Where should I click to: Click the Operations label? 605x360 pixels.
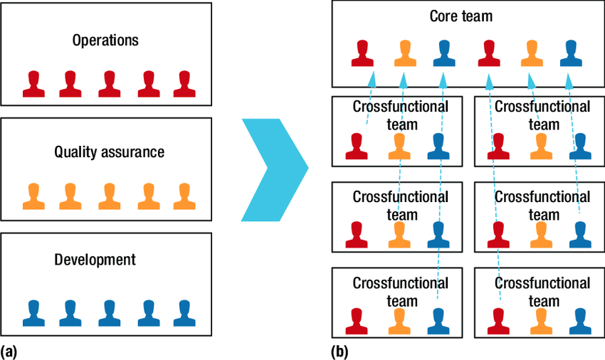tap(105, 40)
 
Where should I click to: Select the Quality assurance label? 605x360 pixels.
tap(109, 152)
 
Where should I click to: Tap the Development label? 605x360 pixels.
tap(95, 260)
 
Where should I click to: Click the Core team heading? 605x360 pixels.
tap(461, 16)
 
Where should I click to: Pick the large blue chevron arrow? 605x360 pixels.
tap(275, 169)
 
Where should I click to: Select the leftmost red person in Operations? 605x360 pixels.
tap(33, 84)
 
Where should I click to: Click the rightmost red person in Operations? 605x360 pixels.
tap(184, 84)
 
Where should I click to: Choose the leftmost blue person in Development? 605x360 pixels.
tap(33, 312)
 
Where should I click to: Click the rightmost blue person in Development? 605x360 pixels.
tap(184, 312)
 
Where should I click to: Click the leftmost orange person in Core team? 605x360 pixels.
tap(404, 53)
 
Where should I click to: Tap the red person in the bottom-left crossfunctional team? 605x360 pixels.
tap(356, 321)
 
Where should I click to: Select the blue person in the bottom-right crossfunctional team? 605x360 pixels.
tap(580, 321)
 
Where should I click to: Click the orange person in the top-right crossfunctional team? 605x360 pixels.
tap(540, 147)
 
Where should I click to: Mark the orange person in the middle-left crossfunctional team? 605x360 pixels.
tap(399, 235)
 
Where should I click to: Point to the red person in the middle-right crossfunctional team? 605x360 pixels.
tap(499, 235)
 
